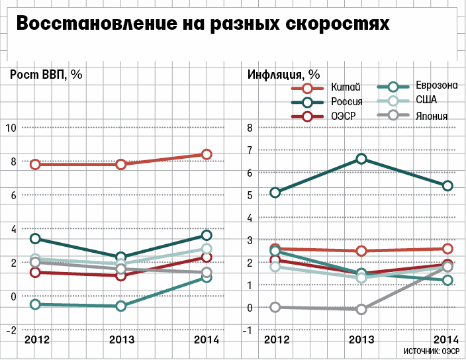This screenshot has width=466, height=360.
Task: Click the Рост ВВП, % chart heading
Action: pyautogui.click(x=46, y=74)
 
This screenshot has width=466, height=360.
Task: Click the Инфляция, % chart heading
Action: pyautogui.click(x=283, y=74)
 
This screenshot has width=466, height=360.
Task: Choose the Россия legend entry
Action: pyautogui.click(x=347, y=102)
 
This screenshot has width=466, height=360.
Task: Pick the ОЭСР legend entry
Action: pyautogui.click(x=344, y=116)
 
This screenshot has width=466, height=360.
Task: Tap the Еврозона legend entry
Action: pyautogui.click(x=437, y=86)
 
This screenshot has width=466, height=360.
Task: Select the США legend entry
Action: pyautogui.click(x=426, y=101)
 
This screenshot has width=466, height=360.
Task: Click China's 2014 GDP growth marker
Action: pyautogui.click(x=207, y=154)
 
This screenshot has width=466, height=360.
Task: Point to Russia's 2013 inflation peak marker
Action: pyautogui.click(x=361, y=159)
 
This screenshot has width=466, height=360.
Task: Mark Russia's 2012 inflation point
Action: pyautogui.click(x=275, y=193)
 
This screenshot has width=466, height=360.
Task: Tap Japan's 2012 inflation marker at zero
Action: pyautogui.click(x=275, y=307)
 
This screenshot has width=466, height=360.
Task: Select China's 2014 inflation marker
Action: pyautogui.click(x=447, y=249)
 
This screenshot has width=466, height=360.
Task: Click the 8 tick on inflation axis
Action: pyautogui.click(x=250, y=128)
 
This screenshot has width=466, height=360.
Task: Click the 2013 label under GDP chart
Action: pyautogui.click(x=121, y=339)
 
